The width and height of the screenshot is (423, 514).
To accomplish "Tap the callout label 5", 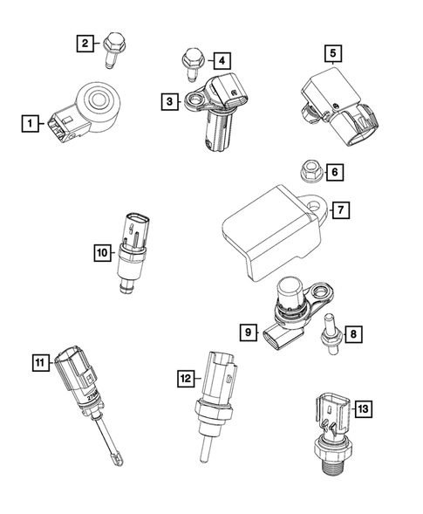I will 332,53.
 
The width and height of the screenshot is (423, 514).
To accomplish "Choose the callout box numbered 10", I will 103,253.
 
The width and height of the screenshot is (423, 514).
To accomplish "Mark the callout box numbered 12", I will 184,378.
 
